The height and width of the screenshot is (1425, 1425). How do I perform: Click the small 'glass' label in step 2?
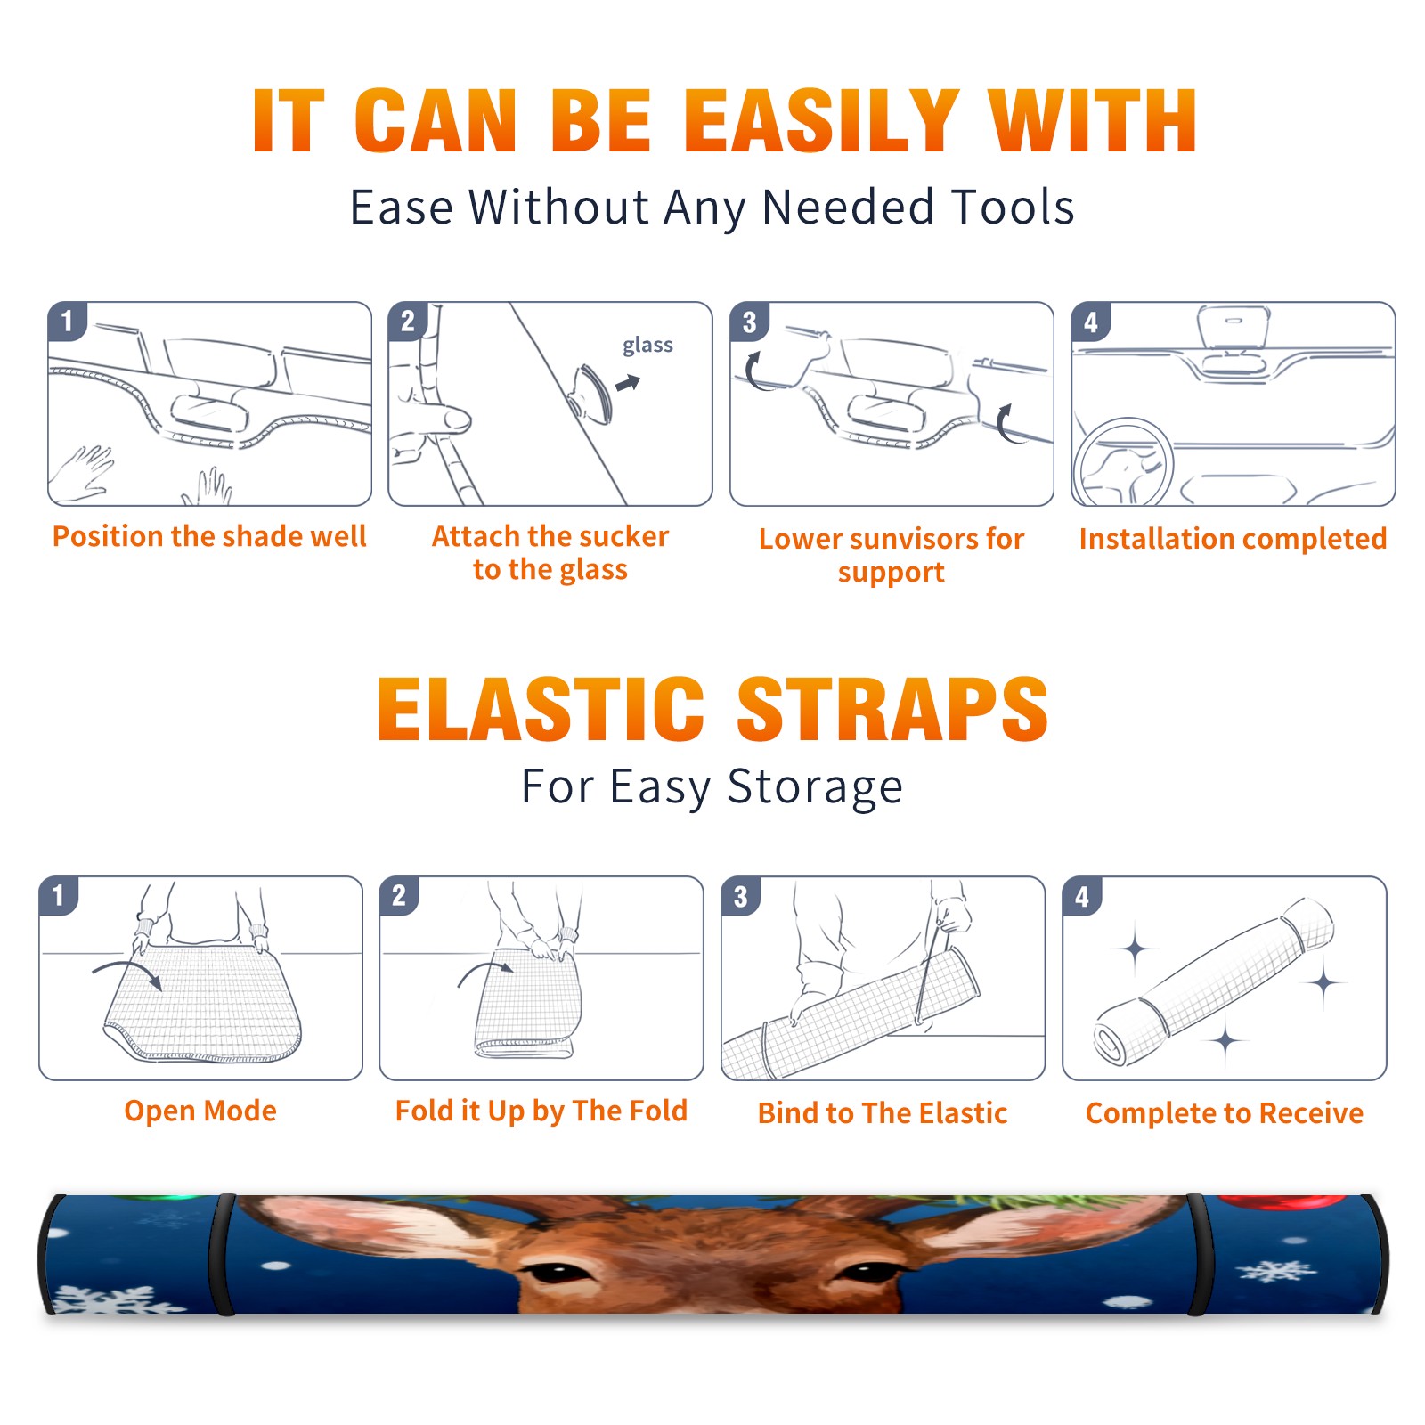coord(647,346)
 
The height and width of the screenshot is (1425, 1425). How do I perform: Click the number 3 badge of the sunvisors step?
coord(749,322)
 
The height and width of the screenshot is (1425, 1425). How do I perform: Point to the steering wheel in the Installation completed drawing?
coord(1124,461)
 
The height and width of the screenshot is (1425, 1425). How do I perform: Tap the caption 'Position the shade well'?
coord(209,536)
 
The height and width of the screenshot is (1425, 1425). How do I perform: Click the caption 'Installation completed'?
coord(1233,539)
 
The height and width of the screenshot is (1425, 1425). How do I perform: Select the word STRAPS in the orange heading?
coord(892,709)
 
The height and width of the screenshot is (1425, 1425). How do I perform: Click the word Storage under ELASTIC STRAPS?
coord(815,788)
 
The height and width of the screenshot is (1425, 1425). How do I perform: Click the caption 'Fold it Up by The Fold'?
coord(541,1111)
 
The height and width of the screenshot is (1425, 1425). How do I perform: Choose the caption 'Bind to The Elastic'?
coord(883,1113)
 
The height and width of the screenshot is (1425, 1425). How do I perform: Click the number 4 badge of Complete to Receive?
coord(1082,896)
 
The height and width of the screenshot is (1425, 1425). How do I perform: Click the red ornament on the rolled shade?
coord(1282,1202)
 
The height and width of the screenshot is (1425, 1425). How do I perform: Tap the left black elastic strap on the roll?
coord(223,1254)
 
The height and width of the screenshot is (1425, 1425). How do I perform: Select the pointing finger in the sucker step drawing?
coord(432,419)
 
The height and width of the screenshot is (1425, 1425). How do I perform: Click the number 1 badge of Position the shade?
coord(67,321)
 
